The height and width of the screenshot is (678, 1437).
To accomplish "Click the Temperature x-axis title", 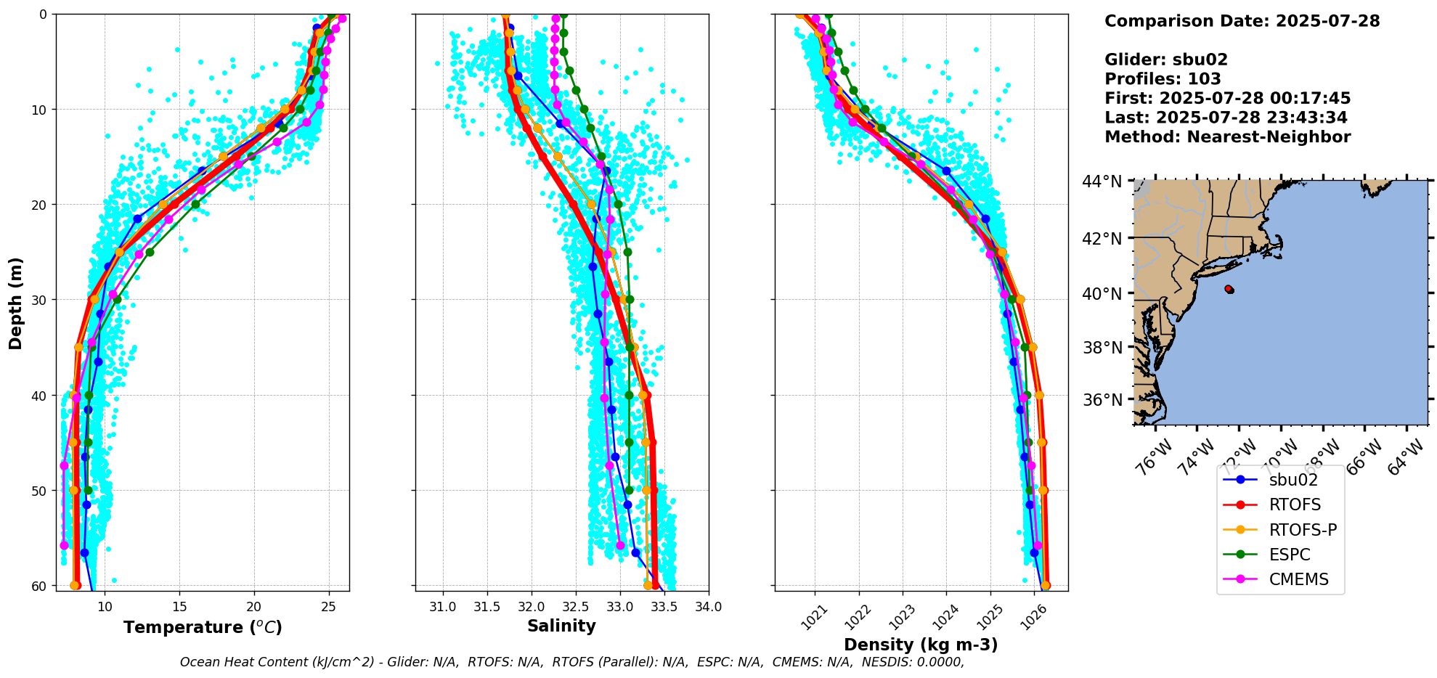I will click(x=203, y=627).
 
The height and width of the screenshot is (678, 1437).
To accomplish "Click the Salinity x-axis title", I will click(x=561, y=626).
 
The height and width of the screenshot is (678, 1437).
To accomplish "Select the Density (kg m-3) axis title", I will click(x=921, y=645).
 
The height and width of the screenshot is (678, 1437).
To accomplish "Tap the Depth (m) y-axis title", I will click(x=15, y=303).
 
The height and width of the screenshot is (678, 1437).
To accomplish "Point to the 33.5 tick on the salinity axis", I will click(x=664, y=607).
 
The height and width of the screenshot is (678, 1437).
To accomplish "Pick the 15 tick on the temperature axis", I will click(x=179, y=607).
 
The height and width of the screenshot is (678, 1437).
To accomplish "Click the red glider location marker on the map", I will click(x=1229, y=289).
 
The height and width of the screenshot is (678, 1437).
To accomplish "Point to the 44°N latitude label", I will click(x=1102, y=181).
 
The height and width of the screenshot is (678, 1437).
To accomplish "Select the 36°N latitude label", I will click(x=1102, y=400).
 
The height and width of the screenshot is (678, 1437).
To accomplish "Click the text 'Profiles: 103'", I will click(x=1163, y=79).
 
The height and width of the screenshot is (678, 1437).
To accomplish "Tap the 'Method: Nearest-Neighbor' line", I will click(x=1227, y=137).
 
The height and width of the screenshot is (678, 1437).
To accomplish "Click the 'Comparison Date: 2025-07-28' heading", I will click(x=1242, y=21).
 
